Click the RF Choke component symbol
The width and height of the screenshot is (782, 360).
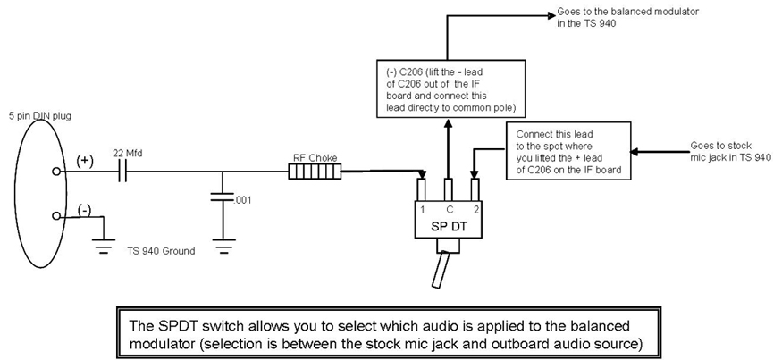317,170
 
